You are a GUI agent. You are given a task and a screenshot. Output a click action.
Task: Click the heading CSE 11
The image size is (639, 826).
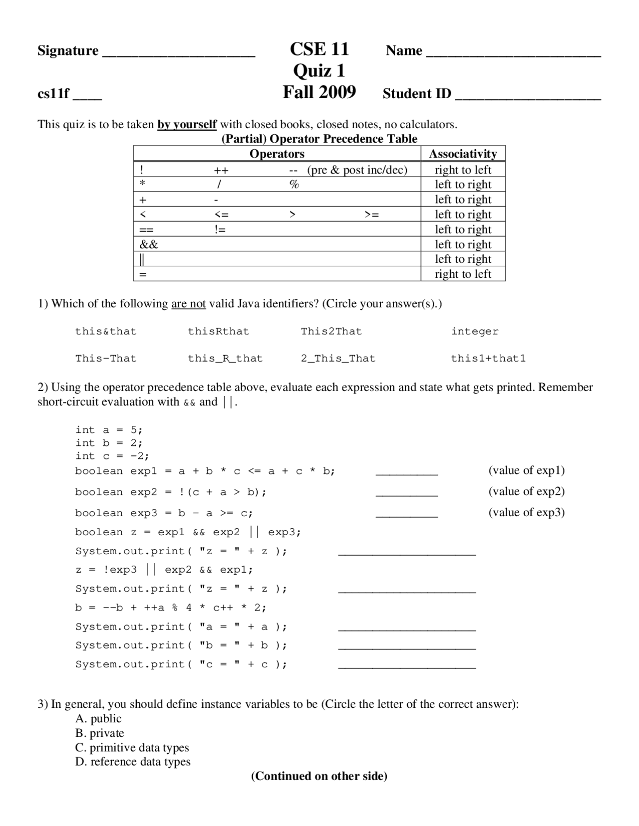coord(319,49)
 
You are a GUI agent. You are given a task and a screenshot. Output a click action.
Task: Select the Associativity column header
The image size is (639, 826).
coord(463,154)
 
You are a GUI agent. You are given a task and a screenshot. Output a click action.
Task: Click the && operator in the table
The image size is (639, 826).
coord(149,244)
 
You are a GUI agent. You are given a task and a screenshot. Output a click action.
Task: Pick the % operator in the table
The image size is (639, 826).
coord(294,184)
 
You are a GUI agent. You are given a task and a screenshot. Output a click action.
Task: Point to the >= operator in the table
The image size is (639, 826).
coord(371,214)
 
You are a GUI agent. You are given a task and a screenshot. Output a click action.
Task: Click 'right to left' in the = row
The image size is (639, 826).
coord(463,274)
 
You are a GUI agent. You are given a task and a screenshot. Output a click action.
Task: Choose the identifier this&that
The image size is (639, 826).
coord(106,331)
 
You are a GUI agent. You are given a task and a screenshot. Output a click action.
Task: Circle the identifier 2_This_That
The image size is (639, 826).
coord(338,358)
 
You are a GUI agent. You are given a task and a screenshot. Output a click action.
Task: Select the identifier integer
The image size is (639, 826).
coord(475,331)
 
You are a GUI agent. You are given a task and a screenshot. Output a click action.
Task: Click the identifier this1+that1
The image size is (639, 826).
coord(488,358)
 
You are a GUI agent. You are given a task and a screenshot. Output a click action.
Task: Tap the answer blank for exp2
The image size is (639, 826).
coord(406,494)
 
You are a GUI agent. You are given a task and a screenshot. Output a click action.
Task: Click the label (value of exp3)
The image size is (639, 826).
coord(526,512)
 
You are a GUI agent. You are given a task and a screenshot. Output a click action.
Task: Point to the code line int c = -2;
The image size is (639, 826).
coord(112,455)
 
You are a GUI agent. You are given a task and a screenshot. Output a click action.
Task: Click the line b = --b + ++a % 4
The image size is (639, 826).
coord(171,608)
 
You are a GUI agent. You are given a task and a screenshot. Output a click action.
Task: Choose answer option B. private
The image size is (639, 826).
coord(100,733)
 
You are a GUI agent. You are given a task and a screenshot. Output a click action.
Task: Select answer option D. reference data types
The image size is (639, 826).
coord(133,762)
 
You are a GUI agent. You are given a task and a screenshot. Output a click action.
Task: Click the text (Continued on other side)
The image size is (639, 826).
coord(319,776)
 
